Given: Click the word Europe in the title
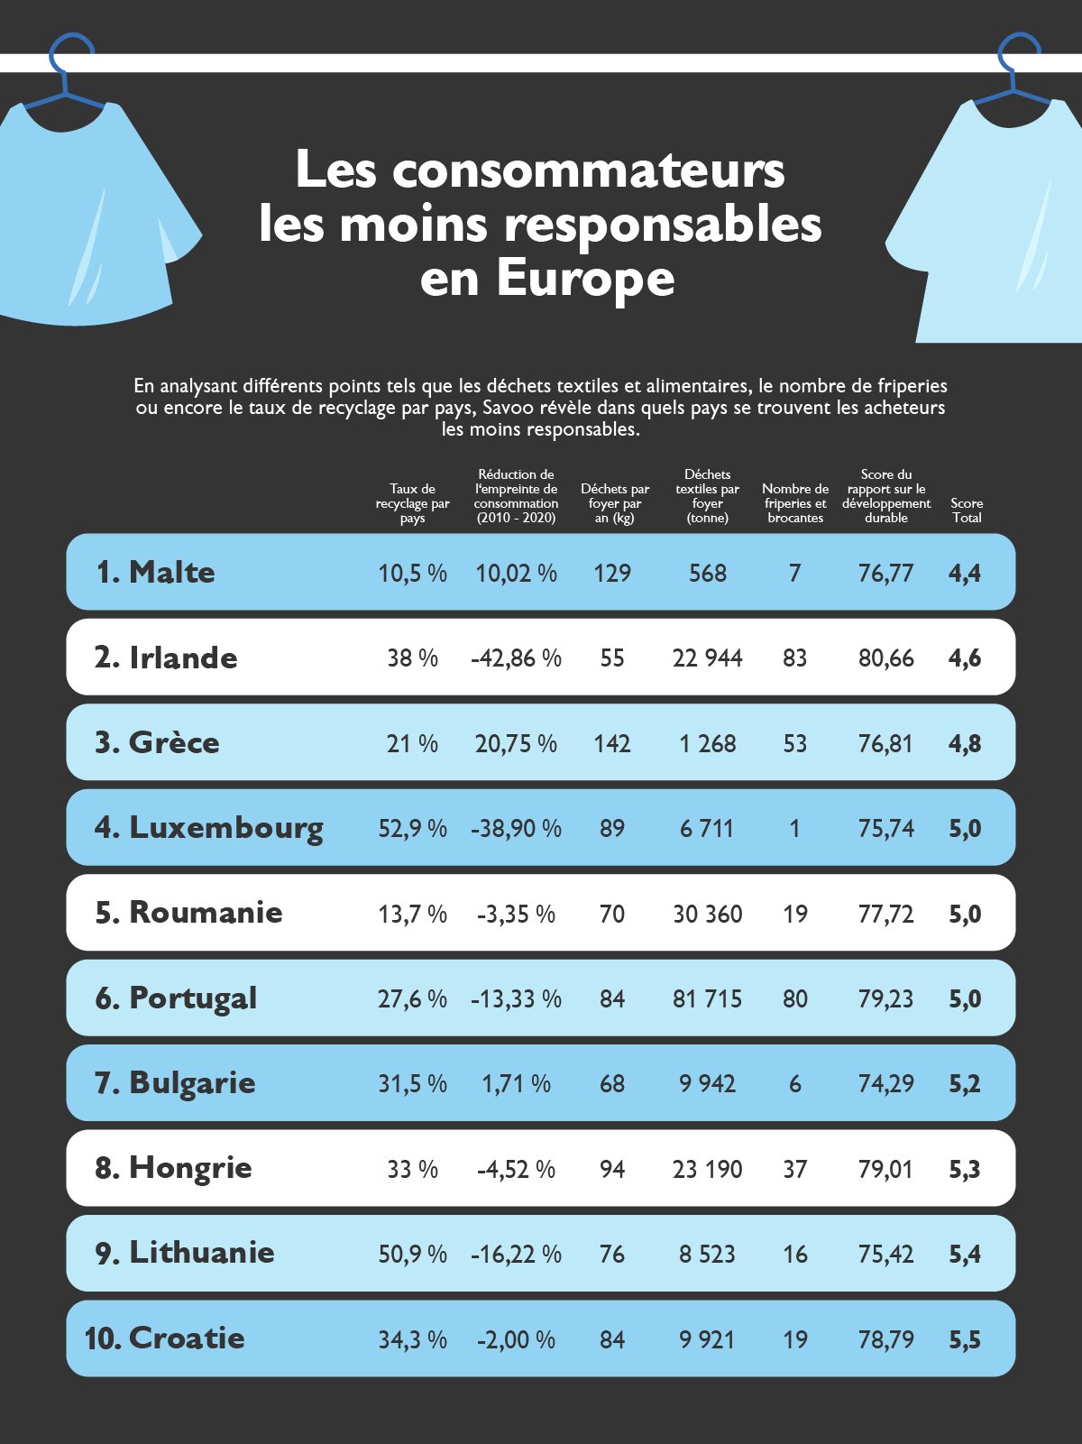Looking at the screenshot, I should (584, 279).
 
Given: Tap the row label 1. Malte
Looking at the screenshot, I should (155, 572).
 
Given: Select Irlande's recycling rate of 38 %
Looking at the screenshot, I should (412, 658).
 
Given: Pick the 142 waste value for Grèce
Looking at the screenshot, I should (612, 744).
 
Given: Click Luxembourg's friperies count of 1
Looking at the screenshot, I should (794, 829).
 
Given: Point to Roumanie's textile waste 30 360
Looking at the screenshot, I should (707, 915).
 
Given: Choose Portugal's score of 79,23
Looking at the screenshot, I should (885, 999).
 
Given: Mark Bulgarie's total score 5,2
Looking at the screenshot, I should (964, 1084).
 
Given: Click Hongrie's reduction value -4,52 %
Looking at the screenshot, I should (516, 1170).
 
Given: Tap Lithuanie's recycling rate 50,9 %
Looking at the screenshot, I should (412, 1255).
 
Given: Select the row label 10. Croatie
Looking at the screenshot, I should (164, 1338).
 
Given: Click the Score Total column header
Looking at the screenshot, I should (967, 510).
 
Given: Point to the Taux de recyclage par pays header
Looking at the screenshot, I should (412, 503).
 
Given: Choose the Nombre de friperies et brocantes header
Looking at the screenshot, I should (794, 503).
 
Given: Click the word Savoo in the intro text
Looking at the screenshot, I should (509, 408).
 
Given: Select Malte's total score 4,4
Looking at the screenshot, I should (964, 574).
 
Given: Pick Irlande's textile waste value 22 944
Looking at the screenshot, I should (707, 658).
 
